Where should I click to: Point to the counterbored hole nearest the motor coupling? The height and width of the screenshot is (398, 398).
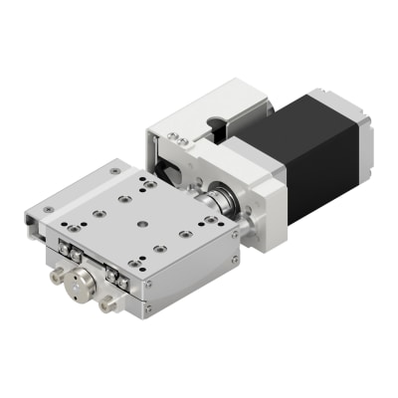185,235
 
